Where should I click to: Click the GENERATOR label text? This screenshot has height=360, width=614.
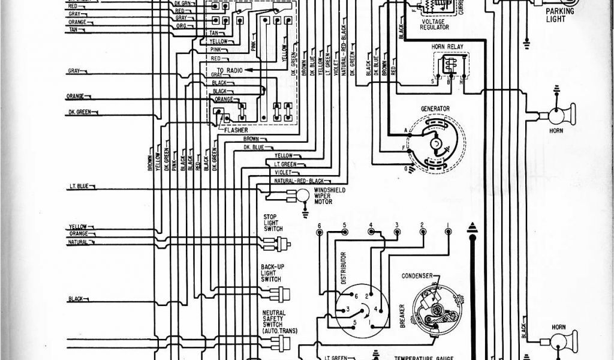tap(435, 109)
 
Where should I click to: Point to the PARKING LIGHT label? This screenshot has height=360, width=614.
tap(559, 15)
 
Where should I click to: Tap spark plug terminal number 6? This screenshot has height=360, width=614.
tap(320, 226)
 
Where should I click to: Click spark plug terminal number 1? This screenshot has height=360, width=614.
tap(448, 226)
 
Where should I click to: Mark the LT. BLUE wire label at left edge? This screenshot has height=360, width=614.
tap(77, 187)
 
